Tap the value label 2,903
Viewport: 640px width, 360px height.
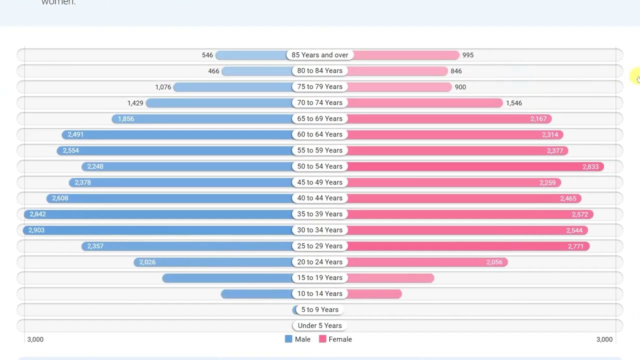pyautogui.click(x=36, y=230)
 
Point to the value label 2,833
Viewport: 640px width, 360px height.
pyautogui.click(x=590, y=166)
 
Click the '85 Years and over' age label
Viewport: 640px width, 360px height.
pyautogui.click(x=320, y=55)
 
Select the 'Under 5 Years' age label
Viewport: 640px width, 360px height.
pyautogui.click(x=320, y=325)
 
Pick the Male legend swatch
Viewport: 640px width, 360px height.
pyautogui.click(x=288, y=339)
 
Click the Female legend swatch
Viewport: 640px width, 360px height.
pyautogui.click(x=322, y=339)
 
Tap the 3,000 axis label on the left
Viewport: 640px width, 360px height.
pyautogui.click(x=35, y=339)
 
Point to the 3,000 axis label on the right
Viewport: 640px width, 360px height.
pyautogui.click(x=604, y=339)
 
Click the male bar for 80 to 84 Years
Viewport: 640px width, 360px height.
pyautogui.click(x=257, y=71)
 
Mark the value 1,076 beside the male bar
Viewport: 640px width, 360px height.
pyautogui.click(x=163, y=87)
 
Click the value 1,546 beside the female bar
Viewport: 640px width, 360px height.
pyautogui.click(x=514, y=103)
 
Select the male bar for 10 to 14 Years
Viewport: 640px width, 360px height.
pyautogui.click(x=257, y=294)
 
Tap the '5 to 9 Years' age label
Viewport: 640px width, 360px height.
pyautogui.click(x=320, y=309)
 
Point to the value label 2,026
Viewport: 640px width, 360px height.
pyautogui.click(x=147, y=262)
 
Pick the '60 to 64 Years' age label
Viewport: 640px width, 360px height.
pyautogui.click(x=320, y=134)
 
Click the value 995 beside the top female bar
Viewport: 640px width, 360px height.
pyautogui.click(x=468, y=55)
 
